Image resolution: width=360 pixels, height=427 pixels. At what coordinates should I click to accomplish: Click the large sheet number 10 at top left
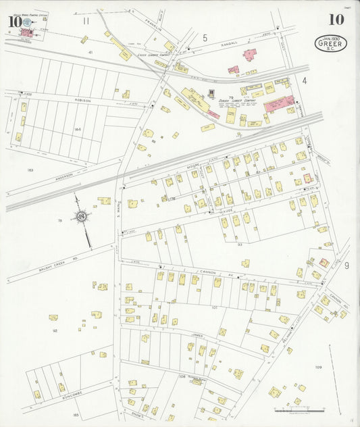point(14,22)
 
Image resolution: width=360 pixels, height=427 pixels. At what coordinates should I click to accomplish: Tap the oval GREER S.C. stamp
point(328,44)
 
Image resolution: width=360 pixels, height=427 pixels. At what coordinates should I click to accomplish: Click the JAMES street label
point(197,334)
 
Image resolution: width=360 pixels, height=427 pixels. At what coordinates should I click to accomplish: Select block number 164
point(77,129)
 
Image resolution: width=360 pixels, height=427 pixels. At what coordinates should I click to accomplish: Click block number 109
point(318,367)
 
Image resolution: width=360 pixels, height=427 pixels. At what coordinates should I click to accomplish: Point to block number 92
point(55,330)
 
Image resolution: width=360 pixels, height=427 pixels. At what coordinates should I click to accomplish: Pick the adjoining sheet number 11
point(86,21)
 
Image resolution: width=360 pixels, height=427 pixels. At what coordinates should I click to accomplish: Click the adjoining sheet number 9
point(346,266)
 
